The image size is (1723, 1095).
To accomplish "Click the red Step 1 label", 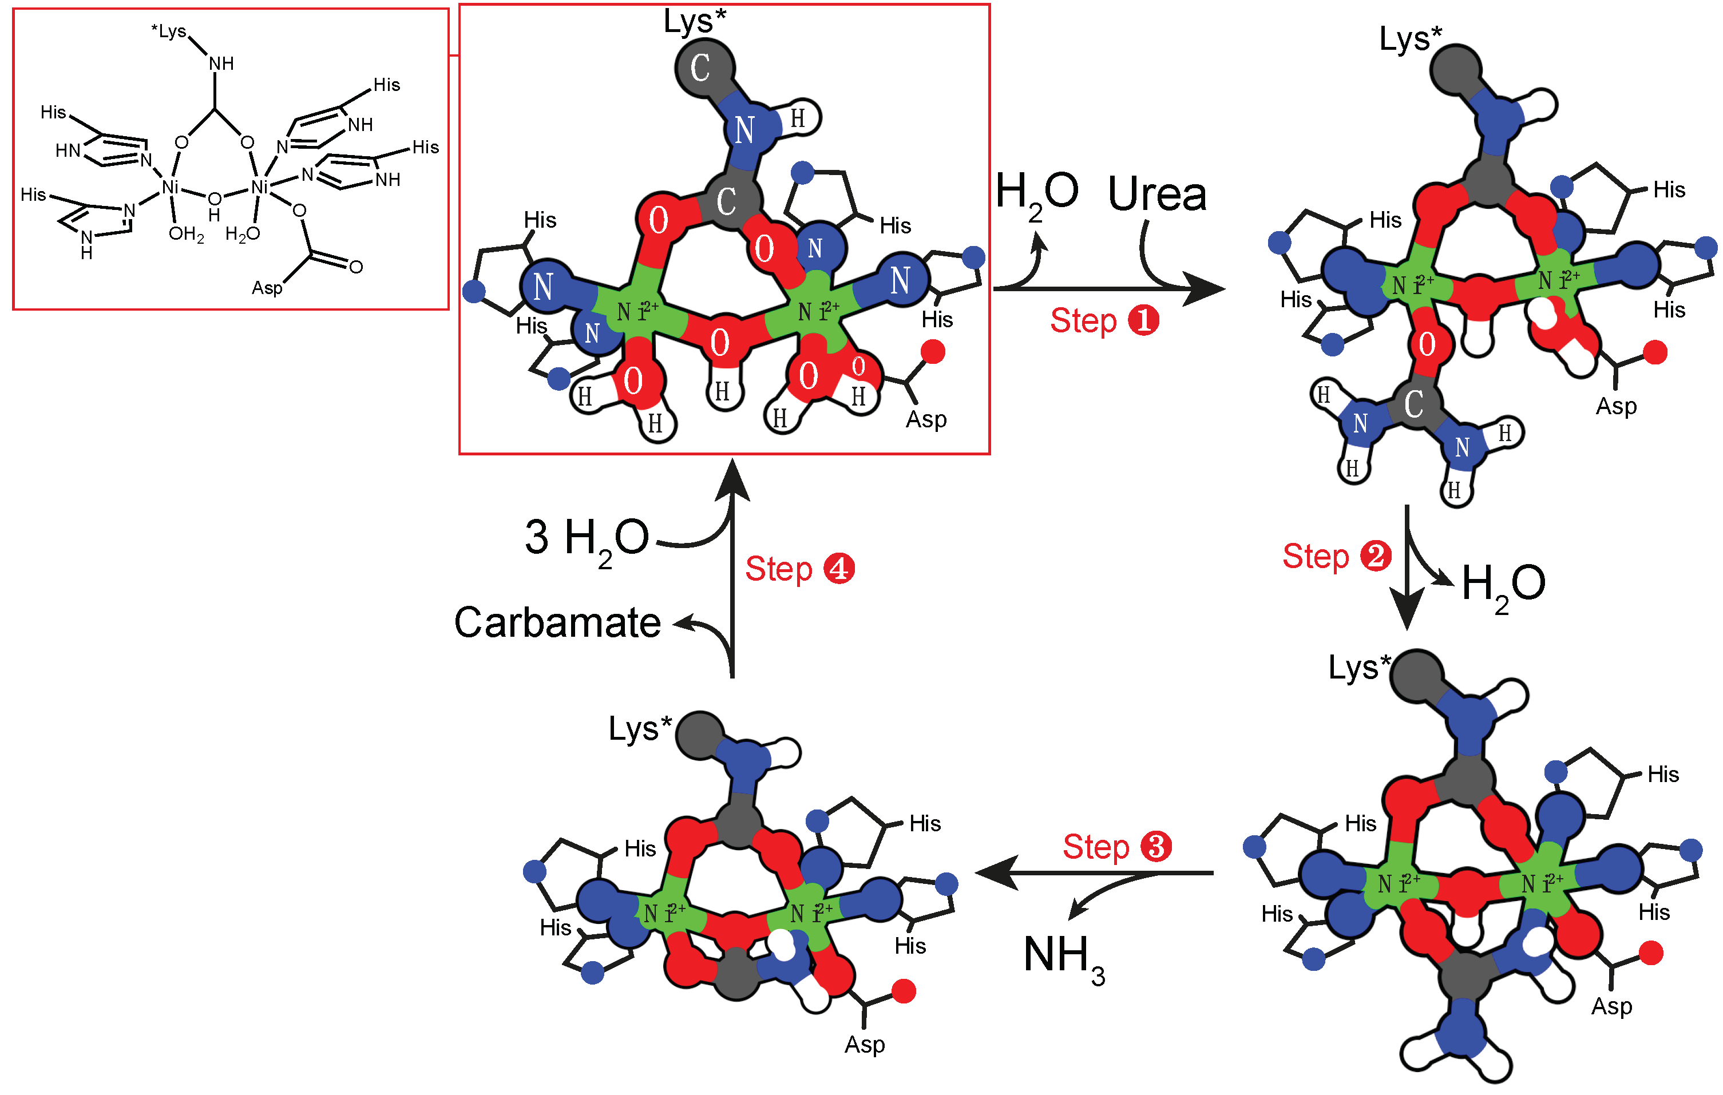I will coord(1104,320).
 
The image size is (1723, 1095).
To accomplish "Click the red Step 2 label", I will coord(1336,557).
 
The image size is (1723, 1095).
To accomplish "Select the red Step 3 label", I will coord(1117,847).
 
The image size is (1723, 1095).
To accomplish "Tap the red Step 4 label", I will coord(800,569).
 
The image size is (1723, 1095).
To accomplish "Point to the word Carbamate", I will coord(557,622).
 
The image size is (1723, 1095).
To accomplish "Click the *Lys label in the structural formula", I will coord(169,31).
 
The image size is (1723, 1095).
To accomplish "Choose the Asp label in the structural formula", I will coord(267,288).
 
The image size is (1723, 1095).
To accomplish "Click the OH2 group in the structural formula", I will coord(186,234).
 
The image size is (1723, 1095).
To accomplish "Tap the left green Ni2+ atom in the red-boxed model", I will coord(636,311).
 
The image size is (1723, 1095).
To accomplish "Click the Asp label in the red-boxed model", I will coord(926,419).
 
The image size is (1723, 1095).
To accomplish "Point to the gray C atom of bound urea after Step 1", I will coord(1413,405).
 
